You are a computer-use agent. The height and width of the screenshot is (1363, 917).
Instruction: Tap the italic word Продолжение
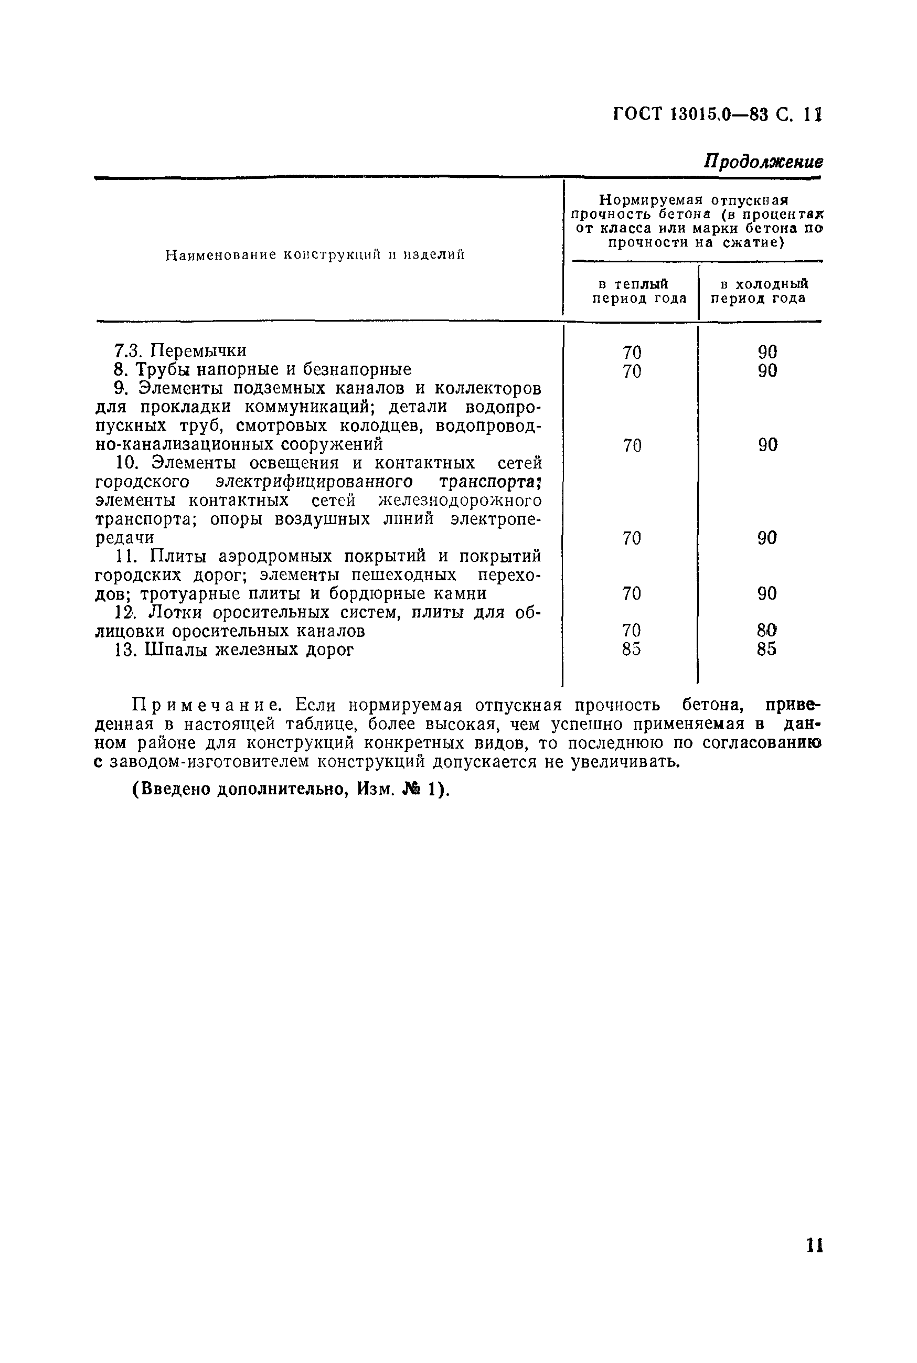click(763, 162)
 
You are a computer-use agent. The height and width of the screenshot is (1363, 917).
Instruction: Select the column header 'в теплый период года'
click(638, 291)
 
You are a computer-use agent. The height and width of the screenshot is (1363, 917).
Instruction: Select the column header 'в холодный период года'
click(759, 291)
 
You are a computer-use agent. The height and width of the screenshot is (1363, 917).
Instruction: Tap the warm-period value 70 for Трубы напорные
click(632, 371)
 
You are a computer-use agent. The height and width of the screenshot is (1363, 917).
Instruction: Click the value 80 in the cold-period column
click(766, 630)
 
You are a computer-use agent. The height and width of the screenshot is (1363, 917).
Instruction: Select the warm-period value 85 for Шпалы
click(632, 649)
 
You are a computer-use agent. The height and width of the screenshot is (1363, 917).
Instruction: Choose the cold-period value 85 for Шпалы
click(766, 649)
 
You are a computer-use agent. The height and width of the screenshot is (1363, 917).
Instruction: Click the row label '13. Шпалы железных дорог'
click(234, 649)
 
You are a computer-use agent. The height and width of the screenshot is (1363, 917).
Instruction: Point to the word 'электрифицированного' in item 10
click(314, 482)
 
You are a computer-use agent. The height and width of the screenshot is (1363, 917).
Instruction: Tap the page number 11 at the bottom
click(815, 1261)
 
